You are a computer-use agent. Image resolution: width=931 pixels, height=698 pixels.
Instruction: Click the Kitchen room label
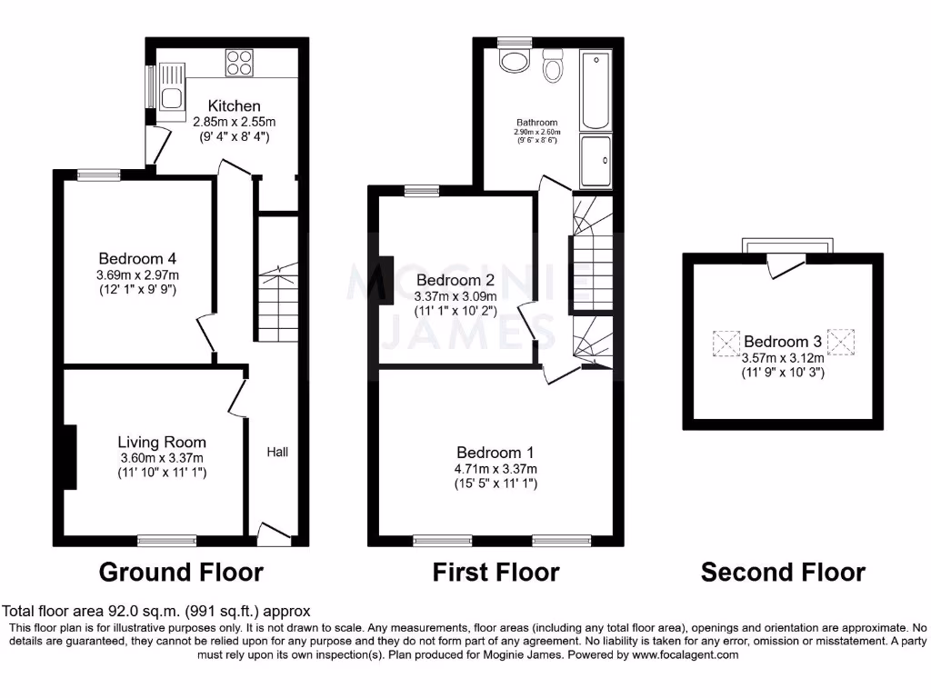pos(234,106)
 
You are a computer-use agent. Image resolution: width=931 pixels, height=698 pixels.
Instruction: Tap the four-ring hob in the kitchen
pos(239,62)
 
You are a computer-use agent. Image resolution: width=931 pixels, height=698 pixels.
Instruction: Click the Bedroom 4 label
pos(139,259)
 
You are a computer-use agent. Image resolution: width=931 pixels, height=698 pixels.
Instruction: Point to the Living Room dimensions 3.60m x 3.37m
pos(162,458)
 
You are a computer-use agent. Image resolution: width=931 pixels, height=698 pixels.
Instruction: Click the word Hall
pos(277,452)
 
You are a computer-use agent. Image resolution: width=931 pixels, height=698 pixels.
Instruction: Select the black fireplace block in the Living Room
pos(69,458)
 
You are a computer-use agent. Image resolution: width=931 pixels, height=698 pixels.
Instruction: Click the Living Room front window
pos(166,541)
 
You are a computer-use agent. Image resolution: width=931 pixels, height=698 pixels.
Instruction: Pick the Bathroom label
pos(536,123)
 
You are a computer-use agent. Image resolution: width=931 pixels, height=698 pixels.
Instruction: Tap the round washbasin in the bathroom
pos(516,62)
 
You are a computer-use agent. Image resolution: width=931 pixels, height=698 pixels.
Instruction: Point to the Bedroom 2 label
pos(455,280)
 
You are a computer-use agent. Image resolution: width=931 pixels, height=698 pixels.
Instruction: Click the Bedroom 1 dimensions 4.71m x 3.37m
pos(496,469)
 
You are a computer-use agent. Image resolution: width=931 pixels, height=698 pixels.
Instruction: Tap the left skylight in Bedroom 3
pos(726,343)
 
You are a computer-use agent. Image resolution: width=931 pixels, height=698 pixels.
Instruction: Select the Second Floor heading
pos(783,573)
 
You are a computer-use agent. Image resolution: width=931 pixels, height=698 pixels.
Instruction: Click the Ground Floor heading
pos(181,573)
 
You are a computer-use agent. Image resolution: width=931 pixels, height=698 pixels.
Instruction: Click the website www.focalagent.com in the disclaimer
pos(685,654)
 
